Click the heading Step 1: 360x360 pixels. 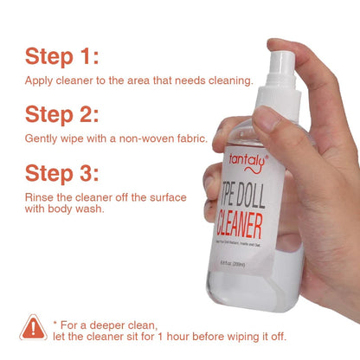coord(62,57)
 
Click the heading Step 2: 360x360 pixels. coord(62,114)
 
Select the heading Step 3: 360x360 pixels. coord(62,172)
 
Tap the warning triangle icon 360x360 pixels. coord(34,328)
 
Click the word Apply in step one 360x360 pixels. coord(40,80)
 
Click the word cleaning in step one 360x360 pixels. coord(230,80)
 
